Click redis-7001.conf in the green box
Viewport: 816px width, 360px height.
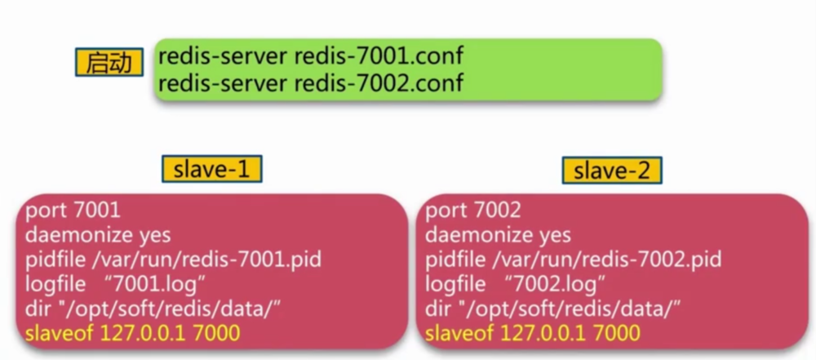pyautogui.click(x=379, y=58)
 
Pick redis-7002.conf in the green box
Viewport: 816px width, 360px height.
pyautogui.click(x=379, y=82)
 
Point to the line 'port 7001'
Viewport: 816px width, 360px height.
pyautogui.click(x=73, y=210)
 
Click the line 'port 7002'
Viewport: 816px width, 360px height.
pyautogui.click(x=473, y=210)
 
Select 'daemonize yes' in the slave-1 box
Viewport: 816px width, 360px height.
pyautogui.click(x=98, y=234)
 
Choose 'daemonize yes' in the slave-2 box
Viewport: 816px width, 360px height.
pyautogui.click(x=499, y=234)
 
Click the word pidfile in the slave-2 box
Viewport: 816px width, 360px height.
pyautogui.click(x=454, y=260)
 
